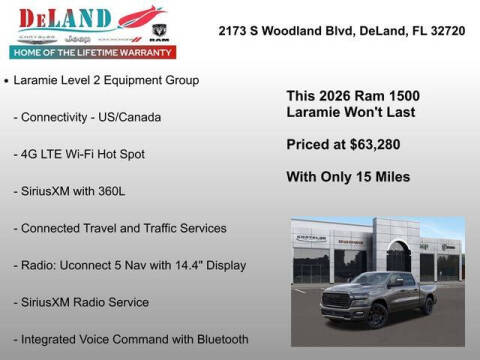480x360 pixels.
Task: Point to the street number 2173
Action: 233,31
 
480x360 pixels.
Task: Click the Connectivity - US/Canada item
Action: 87,117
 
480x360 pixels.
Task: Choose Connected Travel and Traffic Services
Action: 120,228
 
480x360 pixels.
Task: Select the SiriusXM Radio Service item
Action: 81,302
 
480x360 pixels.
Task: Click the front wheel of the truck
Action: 377,316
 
